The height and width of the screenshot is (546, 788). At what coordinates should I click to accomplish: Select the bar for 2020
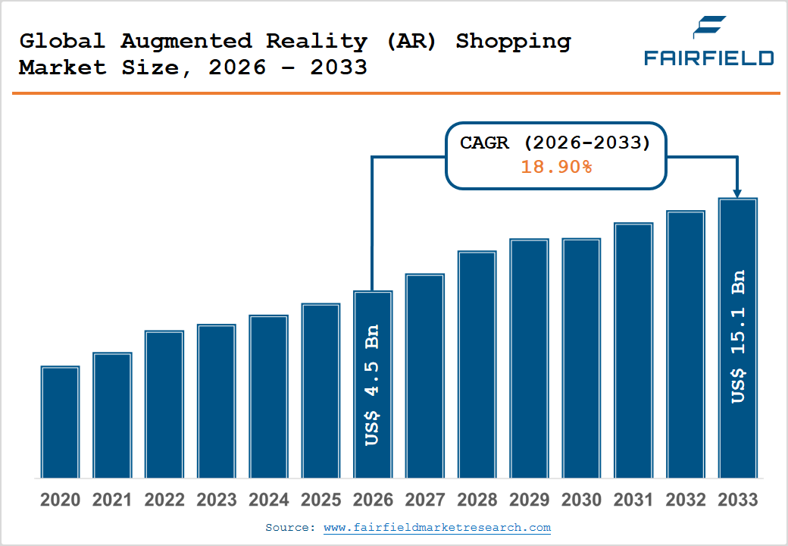[60, 422]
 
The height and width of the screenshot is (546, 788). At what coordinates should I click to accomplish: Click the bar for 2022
[164, 404]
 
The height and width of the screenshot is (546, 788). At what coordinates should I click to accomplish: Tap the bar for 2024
[268, 397]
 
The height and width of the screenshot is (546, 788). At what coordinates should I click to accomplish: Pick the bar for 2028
[477, 364]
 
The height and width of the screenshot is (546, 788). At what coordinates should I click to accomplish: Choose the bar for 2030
[581, 358]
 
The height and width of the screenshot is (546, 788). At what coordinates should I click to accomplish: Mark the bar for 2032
[685, 344]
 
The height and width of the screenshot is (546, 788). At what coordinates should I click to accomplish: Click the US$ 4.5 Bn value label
[372, 385]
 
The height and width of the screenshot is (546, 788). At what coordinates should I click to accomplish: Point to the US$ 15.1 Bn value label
[737, 337]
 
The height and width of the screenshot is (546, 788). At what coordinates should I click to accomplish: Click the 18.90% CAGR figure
[555, 167]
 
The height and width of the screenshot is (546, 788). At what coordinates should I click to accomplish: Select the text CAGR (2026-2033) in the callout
[555, 143]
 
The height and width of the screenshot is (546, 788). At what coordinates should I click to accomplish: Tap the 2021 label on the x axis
[112, 500]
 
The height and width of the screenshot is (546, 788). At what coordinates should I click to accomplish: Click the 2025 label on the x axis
[321, 500]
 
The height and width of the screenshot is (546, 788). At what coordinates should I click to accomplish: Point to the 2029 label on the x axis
[529, 500]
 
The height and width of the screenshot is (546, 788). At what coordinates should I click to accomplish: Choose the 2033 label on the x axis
[737, 500]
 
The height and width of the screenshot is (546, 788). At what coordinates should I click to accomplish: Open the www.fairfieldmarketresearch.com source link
[437, 527]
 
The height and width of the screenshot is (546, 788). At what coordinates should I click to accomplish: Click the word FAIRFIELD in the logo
[708, 58]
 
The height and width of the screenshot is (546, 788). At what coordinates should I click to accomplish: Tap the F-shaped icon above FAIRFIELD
[709, 27]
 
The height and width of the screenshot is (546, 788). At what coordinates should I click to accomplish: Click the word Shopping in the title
[513, 41]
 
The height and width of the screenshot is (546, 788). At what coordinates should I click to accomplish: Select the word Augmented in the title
[185, 41]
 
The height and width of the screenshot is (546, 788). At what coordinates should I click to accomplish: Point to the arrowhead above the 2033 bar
[737, 193]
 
